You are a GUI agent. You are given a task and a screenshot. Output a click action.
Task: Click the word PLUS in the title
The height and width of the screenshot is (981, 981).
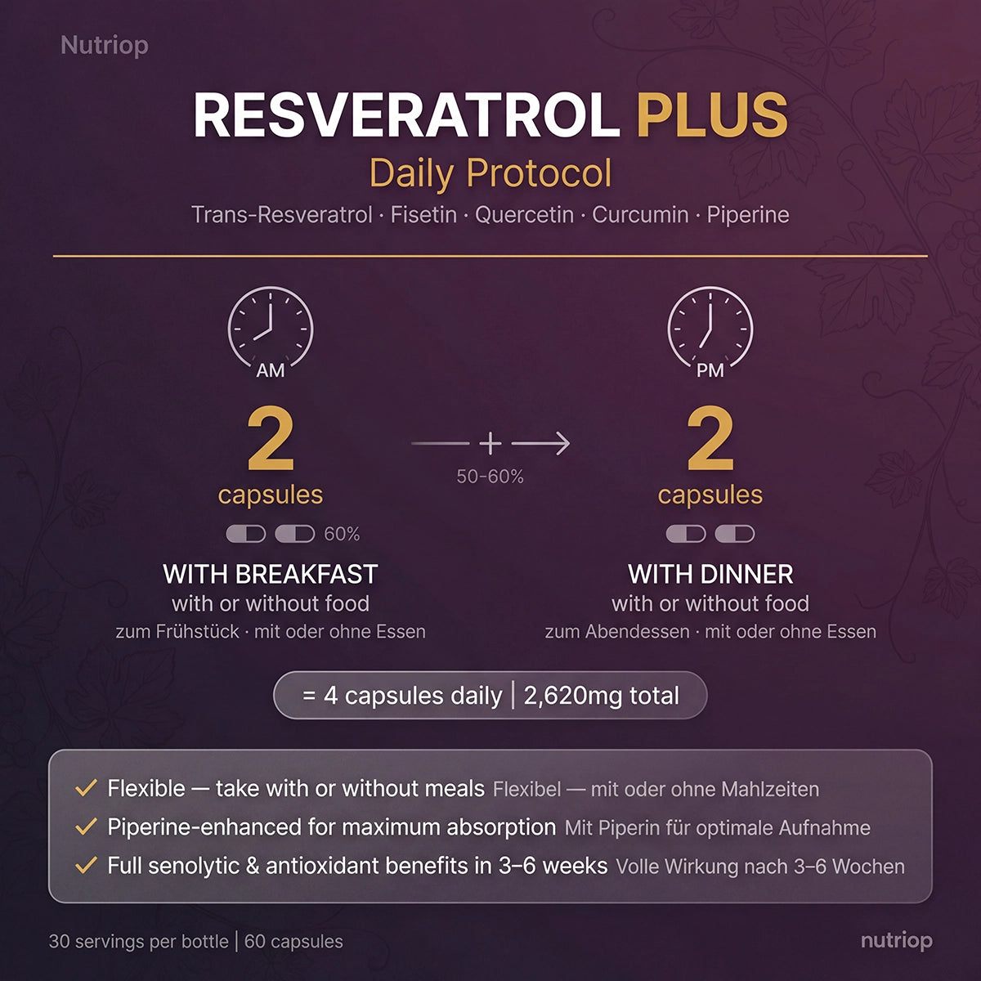click(x=712, y=115)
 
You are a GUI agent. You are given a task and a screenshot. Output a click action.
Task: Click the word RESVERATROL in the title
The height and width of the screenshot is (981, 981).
click(x=405, y=115)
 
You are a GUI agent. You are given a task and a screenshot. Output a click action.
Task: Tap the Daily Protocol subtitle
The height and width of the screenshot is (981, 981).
click(x=490, y=173)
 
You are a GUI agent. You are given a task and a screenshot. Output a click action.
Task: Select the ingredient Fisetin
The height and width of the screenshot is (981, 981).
click(x=423, y=215)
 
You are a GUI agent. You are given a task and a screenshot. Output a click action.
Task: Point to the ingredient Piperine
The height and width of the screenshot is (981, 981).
click(x=747, y=215)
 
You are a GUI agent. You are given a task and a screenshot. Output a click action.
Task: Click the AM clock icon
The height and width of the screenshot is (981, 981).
click(x=270, y=328)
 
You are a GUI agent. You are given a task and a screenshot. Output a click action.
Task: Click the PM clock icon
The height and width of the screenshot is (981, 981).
click(x=710, y=328)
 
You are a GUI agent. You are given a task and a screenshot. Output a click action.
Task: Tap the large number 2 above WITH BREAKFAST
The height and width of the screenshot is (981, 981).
click(x=270, y=441)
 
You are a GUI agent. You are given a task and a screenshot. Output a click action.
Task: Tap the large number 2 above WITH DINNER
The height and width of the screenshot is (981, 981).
click(x=710, y=441)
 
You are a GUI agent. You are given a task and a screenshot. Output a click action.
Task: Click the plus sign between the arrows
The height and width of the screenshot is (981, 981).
click(x=490, y=443)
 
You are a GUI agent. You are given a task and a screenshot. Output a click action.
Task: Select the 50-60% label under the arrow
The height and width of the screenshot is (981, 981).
click(x=490, y=477)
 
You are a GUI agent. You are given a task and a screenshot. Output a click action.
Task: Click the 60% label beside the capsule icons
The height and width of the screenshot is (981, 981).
click(x=342, y=534)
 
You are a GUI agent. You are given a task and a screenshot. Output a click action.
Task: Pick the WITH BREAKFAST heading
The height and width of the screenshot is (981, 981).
click(x=270, y=574)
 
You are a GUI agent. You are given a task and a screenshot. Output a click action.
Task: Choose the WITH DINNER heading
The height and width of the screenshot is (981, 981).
click(x=710, y=574)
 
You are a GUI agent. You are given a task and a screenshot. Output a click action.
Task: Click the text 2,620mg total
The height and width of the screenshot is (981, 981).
click(x=602, y=696)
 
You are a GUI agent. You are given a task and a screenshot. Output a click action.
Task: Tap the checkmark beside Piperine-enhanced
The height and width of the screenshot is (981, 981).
click(x=86, y=827)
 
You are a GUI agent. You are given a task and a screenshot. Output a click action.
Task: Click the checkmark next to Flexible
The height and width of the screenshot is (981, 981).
click(x=86, y=789)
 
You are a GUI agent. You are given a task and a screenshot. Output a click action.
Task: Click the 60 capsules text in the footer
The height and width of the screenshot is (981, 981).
click(x=293, y=941)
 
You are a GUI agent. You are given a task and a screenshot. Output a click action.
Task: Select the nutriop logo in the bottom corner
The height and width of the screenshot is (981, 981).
click(x=896, y=940)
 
